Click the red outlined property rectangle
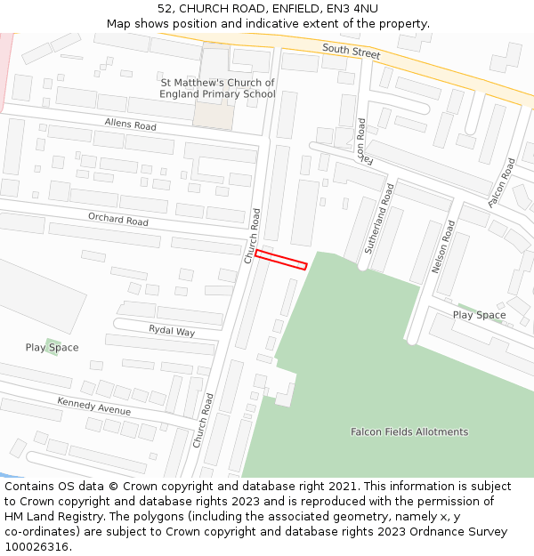click(x=281, y=259)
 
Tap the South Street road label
click(x=351, y=52)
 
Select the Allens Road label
click(x=130, y=125)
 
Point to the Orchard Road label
click(x=117, y=220)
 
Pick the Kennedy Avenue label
click(x=93, y=407)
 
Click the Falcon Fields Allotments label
click(x=409, y=432)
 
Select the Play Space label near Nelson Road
click(x=479, y=315)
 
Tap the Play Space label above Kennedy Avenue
click(x=52, y=348)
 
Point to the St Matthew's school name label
click(x=217, y=88)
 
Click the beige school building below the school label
click(x=214, y=115)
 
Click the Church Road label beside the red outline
click(x=252, y=236)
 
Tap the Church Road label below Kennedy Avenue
click(x=202, y=422)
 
